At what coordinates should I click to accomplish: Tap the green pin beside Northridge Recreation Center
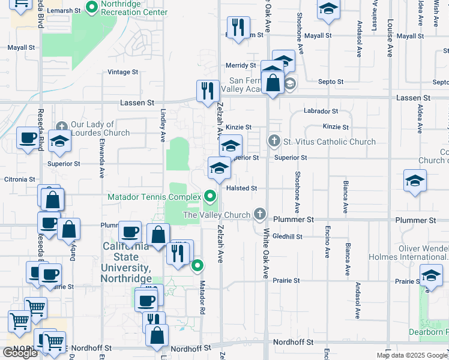(x=92, y=8)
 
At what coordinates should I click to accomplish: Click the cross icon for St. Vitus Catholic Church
(x=275, y=142)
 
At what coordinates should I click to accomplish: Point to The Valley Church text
(x=217, y=215)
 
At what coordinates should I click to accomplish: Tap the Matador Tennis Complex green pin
(x=209, y=196)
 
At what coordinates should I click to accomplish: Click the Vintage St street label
(x=122, y=72)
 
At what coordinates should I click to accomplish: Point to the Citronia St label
(x=19, y=179)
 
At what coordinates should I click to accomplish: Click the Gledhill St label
(x=287, y=236)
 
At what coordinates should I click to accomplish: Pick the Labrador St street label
(x=321, y=111)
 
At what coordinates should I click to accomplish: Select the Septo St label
(x=331, y=82)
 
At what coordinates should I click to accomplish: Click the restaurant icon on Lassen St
(x=208, y=91)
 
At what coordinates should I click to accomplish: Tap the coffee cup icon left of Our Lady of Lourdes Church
(x=28, y=138)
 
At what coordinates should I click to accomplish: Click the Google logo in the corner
(x=20, y=353)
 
